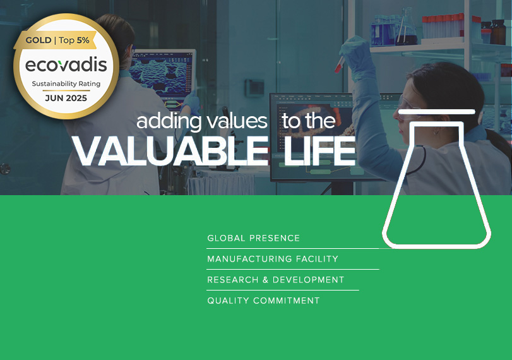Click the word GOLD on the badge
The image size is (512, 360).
click(39, 40)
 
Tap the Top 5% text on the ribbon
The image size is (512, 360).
click(74, 40)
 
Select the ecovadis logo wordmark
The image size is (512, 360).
click(66, 64)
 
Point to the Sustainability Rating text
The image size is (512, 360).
click(66, 84)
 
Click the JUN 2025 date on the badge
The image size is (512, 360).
click(66, 98)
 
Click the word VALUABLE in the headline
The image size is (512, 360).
click(170, 151)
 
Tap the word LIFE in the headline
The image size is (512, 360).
click(319, 151)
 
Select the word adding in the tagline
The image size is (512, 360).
click(169, 122)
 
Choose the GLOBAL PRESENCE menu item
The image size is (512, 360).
click(253, 238)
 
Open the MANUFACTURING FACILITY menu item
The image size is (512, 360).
click(273, 259)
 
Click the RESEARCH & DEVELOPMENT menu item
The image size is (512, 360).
click(276, 280)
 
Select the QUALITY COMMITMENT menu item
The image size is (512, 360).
click(263, 301)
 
